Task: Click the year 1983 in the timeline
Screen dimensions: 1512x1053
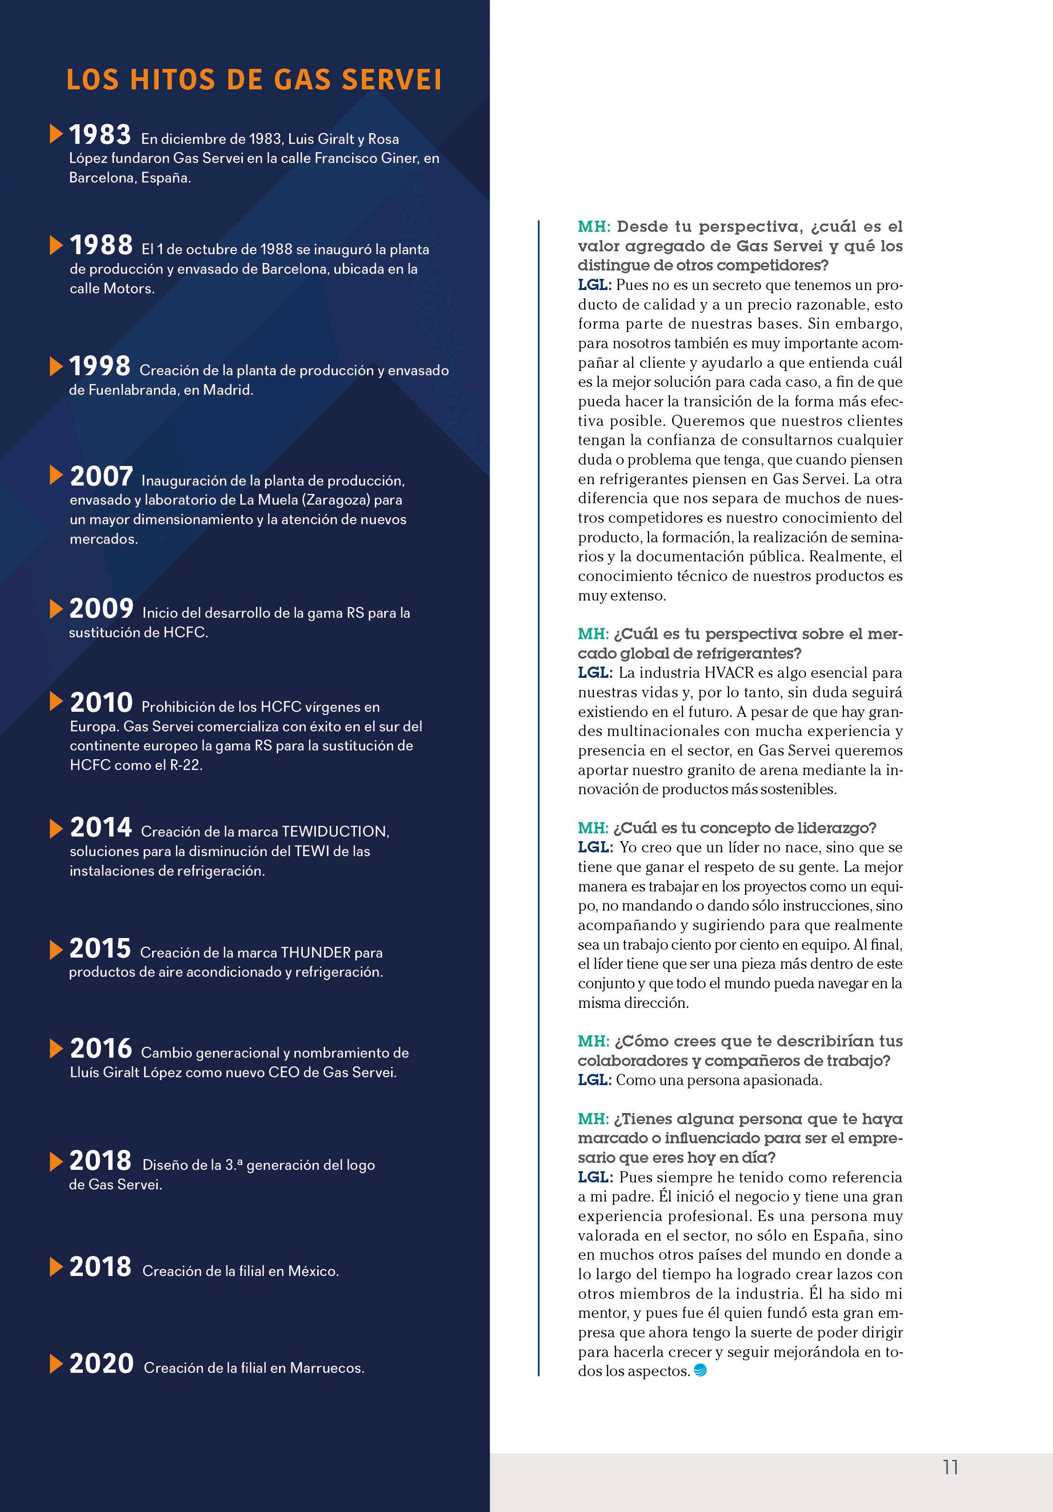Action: pyautogui.click(x=100, y=135)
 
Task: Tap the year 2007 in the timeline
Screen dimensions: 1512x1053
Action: pyautogui.click(x=101, y=476)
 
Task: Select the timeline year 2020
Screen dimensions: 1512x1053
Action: pyautogui.click(x=101, y=1363)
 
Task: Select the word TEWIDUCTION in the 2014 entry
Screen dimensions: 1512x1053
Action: pyautogui.click(x=334, y=832)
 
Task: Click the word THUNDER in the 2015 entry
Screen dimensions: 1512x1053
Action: pyautogui.click(x=315, y=953)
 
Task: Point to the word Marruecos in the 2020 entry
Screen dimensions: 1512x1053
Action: pyautogui.click(x=327, y=1368)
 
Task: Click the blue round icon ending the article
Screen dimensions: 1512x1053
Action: pyautogui.click(x=700, y=1370)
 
